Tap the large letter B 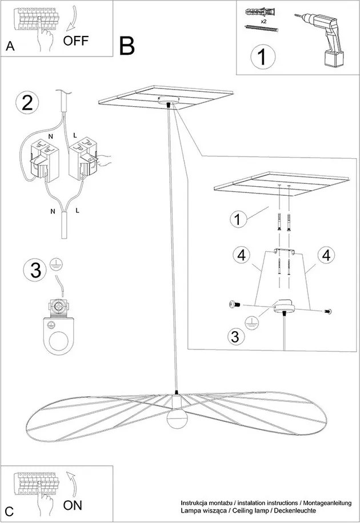pyautogui.click(x=127, y=46)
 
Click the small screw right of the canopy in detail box pyautogui.click(x=327, y=312)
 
